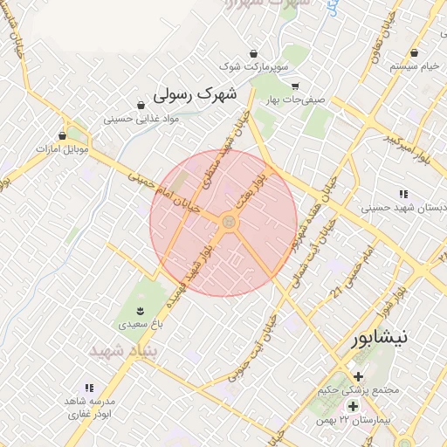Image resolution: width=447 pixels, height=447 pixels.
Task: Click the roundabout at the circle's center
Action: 229,223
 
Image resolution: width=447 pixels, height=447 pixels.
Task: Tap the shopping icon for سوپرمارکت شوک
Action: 254,52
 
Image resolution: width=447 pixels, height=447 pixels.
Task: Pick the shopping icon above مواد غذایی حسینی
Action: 141,105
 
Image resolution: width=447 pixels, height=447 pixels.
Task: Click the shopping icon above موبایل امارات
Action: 62,135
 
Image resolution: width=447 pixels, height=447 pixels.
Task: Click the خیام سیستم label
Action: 417,66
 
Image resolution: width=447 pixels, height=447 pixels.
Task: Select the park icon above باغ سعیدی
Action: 139,310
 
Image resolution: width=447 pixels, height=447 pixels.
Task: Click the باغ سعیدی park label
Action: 139,323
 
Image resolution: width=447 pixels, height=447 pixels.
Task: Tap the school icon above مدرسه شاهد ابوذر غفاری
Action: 88,387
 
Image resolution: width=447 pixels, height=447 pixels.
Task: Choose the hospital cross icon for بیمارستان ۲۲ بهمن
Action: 353,407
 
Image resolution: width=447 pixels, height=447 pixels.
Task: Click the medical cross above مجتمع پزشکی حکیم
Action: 358,375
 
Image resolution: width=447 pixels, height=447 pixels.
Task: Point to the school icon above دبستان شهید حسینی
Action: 402,194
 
